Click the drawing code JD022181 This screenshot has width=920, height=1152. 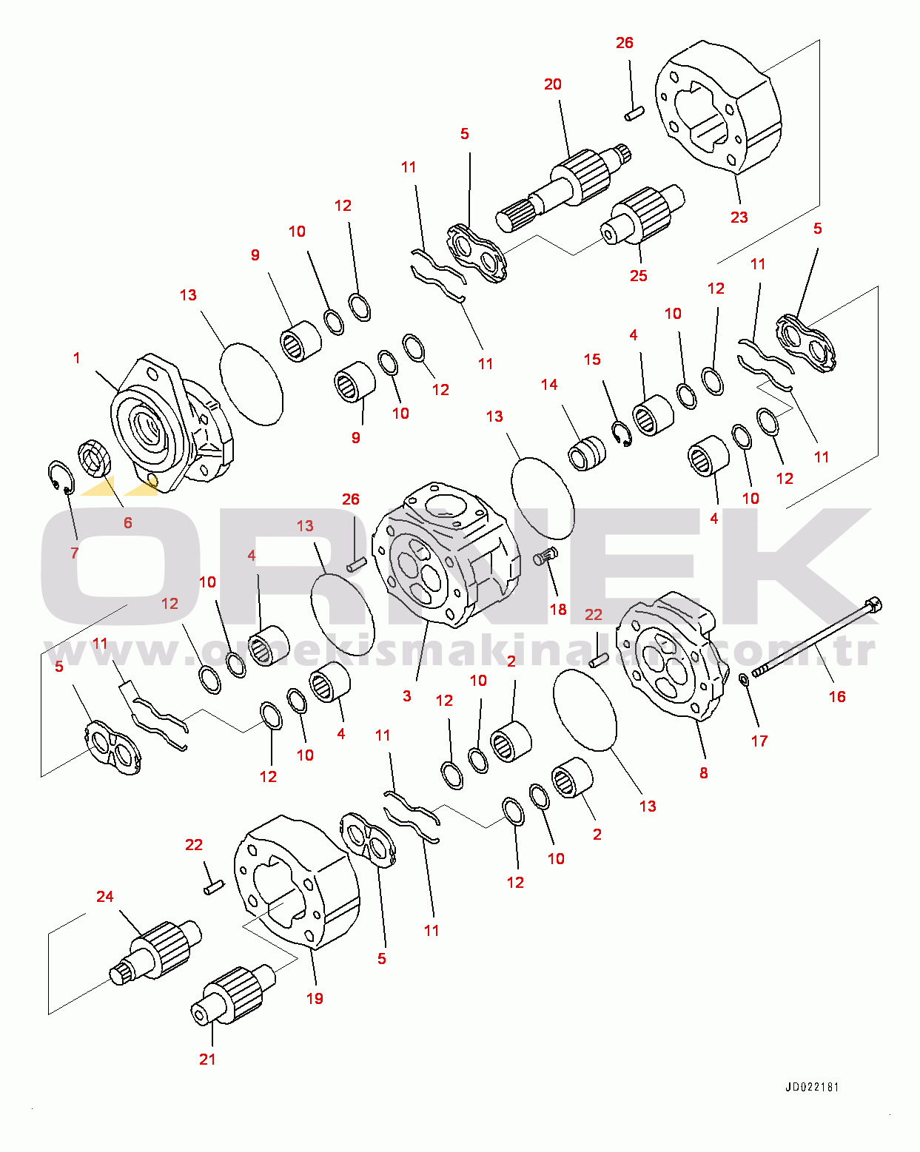pyautogui.click(x=812, y=1087)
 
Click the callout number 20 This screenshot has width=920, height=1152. pyautogui.click(x=553, y=84)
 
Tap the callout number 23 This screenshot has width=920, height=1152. pyautogui.click(x=739, y=218)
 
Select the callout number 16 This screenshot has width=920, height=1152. pyautogui.click(x=837, y=696)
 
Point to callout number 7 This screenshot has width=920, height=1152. pyautogui.click(x=75, y=553)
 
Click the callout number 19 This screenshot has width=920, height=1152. pyautogui.click(x=315, y=998)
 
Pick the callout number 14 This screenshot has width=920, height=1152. pyautogui.click(x=549, y=384)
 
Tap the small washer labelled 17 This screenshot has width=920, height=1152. pyautogui.click(x=745, y=680)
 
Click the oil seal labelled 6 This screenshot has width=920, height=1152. pyautogui.click(x=95, y=458)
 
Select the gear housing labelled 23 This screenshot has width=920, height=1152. pyautogui.click(x=718, y=107)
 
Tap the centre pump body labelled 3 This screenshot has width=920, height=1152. pyautogui.click(x=446, y=555)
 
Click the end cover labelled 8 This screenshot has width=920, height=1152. pyautogui.click(x=672, y=656)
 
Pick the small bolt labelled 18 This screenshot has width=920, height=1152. pyautogui.click(x=545, y=556)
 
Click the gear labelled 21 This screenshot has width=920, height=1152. pyautogui.click(x=233, y=996)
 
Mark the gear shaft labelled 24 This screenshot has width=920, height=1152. pyautogui.click(x=155, y=953)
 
